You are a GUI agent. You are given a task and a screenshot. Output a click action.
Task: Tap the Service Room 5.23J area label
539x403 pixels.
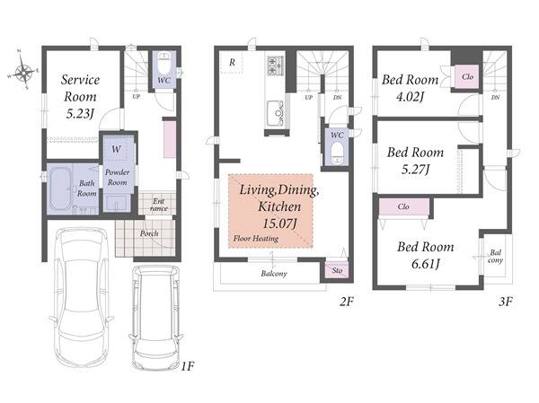click(80, 97)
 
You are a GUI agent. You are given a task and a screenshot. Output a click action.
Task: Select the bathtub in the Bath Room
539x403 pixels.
click(60, 188)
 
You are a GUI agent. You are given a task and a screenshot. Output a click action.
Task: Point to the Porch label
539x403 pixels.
click(149, 233)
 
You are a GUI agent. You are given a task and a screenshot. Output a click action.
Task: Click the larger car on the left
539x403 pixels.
click(82, 296)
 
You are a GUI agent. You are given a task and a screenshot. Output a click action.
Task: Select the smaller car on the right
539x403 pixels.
click(155, 318)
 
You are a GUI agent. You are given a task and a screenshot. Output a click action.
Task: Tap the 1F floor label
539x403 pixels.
click(188, 366)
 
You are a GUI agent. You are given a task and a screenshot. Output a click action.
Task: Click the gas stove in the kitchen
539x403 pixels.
click(275, 66)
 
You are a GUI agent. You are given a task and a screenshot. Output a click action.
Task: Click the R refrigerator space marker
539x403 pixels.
click(233, 62)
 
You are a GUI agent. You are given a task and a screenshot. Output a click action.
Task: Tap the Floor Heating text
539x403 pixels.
click(256, 239)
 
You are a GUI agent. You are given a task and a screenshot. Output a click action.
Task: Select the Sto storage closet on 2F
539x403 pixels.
click(337, 270)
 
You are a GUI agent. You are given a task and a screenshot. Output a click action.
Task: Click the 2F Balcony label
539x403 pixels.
click(274, 274)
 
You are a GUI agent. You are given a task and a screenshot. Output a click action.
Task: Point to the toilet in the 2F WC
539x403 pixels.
click(337, 154)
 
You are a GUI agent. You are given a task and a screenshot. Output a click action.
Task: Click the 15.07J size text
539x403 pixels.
click(279, 223)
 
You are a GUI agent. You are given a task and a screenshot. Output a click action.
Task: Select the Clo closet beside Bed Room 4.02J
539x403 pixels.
click(467, 76)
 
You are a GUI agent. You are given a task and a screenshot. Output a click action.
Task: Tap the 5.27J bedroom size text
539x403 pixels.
click(415, 170)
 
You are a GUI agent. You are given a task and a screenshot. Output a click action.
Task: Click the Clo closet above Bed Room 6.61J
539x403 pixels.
click(403, 206)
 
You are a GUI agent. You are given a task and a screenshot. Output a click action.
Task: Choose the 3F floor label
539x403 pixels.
click(506, 302)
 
